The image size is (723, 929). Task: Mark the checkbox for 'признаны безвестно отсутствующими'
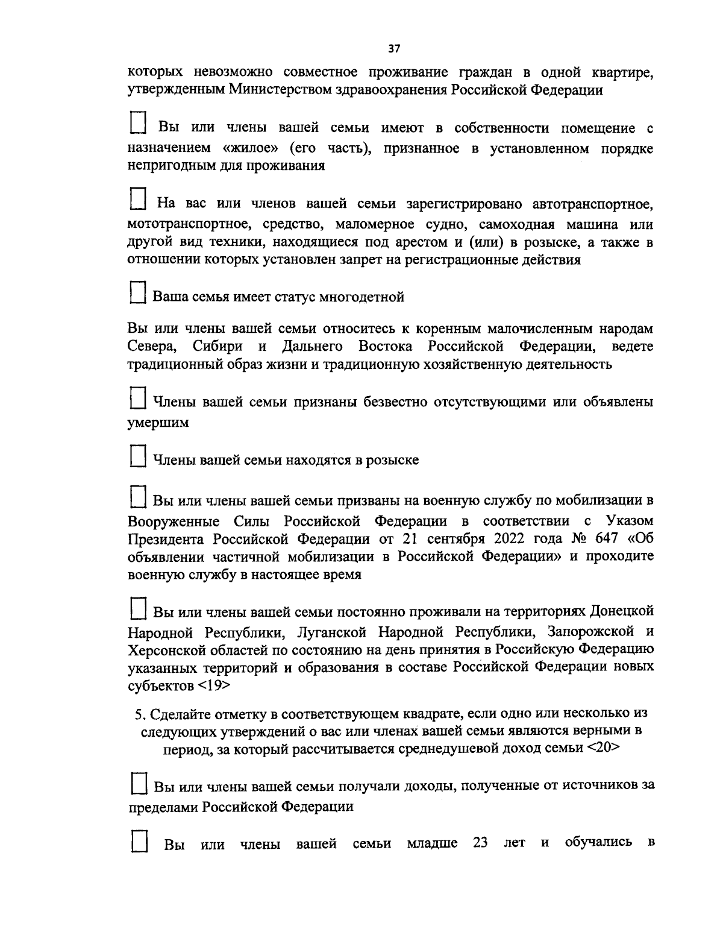coord(139,398)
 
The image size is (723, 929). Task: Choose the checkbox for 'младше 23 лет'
coord(139,839)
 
